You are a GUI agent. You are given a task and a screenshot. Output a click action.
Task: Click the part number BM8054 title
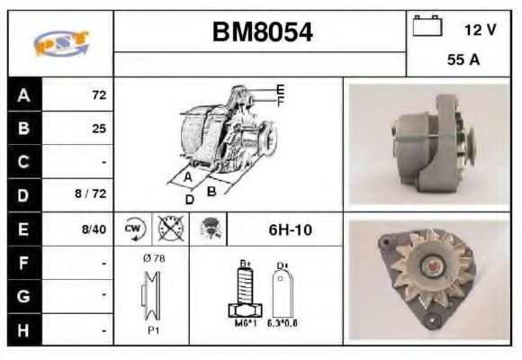261,32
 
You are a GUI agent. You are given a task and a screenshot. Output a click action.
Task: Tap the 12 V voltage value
480,30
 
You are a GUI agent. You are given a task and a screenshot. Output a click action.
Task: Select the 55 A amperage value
463,61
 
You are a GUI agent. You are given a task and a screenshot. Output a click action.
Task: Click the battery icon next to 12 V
426,28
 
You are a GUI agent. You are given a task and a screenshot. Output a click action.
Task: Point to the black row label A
23,94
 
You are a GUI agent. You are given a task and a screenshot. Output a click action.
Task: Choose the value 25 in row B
98,129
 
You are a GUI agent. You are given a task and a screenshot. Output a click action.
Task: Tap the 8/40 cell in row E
93,229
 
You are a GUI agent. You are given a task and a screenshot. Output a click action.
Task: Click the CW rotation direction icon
134,229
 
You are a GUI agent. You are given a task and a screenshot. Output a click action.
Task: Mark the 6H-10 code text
289,229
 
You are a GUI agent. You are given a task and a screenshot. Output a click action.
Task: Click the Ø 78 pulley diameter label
152,258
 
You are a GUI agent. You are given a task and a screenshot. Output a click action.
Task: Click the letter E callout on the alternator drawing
281,88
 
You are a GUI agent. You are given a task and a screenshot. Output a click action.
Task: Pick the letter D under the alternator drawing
190,199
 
